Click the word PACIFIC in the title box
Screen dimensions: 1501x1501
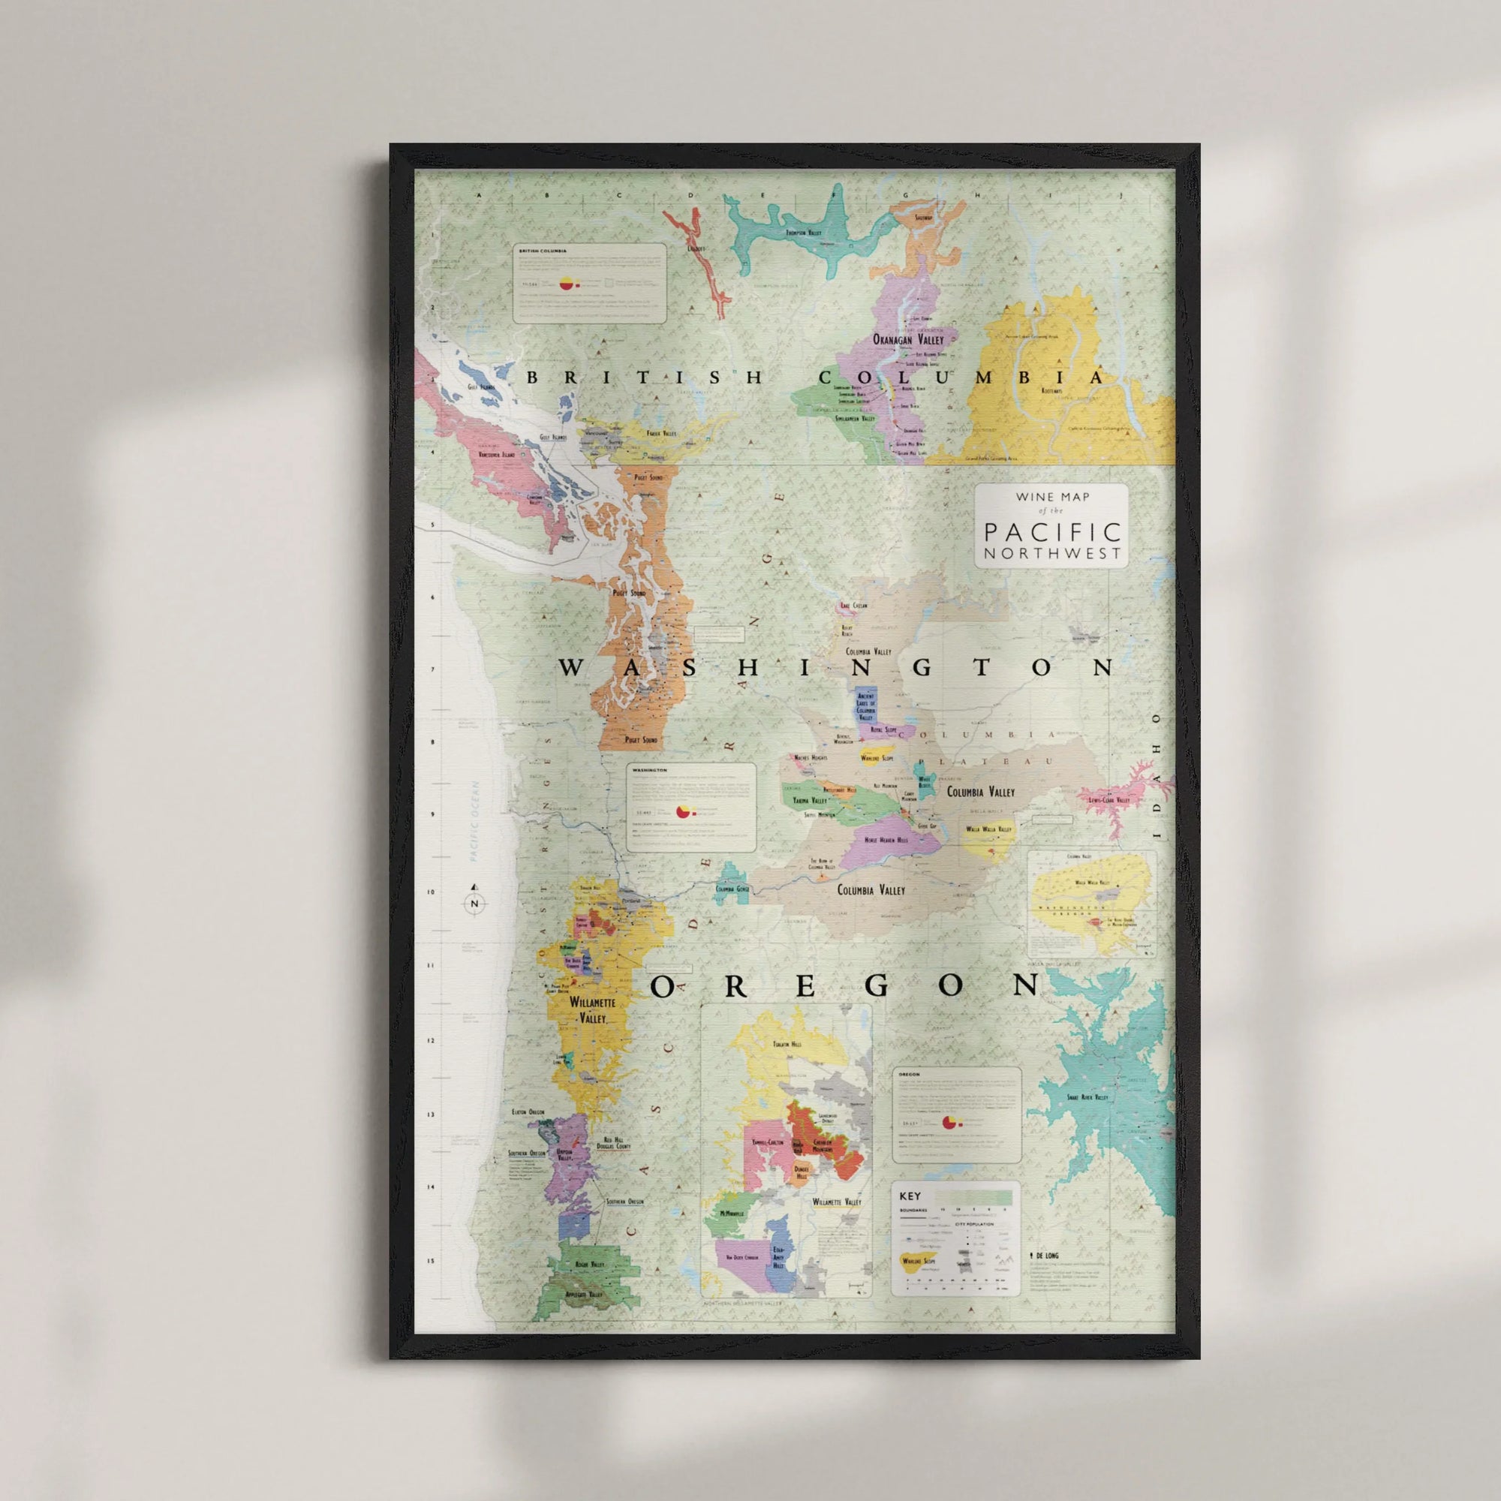coord(1053,532)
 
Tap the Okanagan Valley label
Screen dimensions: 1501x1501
coord(908,339)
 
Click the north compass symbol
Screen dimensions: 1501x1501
coord(475,903)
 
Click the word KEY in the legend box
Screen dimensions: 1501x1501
coord(910,1196)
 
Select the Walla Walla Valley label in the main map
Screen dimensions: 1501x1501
coord(988,829)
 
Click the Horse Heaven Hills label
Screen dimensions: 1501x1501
coord(886,840)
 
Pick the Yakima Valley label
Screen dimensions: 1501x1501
coord(810,800)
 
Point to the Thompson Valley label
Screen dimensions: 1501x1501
coord(803,233)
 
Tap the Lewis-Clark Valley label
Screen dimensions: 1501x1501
coord(1108,799)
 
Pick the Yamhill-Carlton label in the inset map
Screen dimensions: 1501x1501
coord(768,1142)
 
